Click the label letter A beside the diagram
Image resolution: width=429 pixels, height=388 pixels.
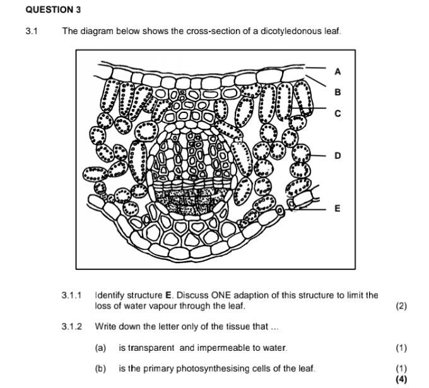point(337,71)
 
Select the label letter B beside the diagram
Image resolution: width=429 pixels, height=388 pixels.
point(337,92)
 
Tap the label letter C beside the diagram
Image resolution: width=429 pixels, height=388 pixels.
point(337,114)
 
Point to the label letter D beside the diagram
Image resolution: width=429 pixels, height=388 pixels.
point(337,155)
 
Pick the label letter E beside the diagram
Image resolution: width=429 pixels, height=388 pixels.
point(337,208)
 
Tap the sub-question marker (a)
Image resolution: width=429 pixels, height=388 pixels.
point(100,348)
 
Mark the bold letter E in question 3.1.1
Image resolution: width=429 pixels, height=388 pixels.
point(168,295)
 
